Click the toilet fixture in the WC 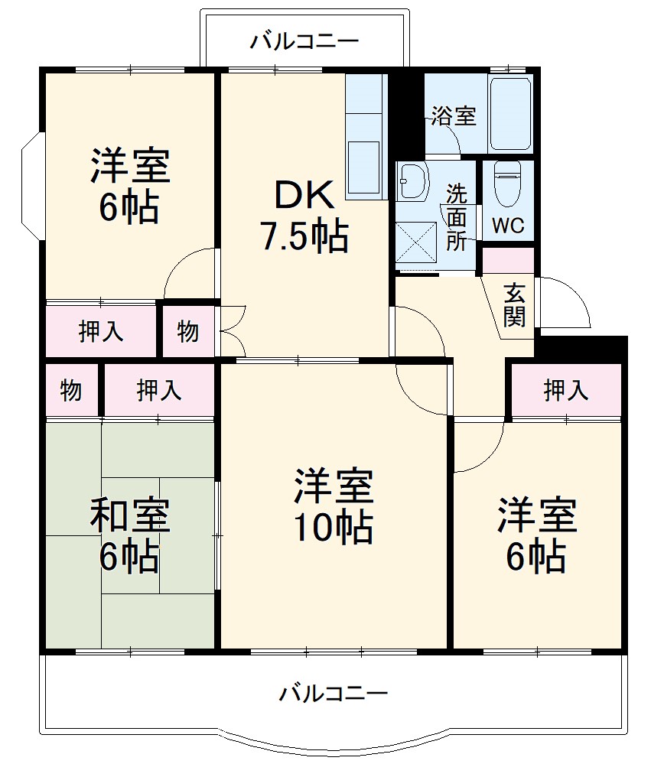point(506,184)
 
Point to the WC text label point(507,226)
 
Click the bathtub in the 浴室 point(510,113)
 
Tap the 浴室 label point(453,116)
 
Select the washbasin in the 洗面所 point(414,183)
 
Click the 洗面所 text point(457,216)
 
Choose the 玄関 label point(515,305)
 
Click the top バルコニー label point(304,41)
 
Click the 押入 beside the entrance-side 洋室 point(566,391)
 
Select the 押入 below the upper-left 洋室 point(100,331)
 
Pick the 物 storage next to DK point(188,331)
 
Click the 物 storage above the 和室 point(71,391)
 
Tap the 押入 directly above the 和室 point(159,391)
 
